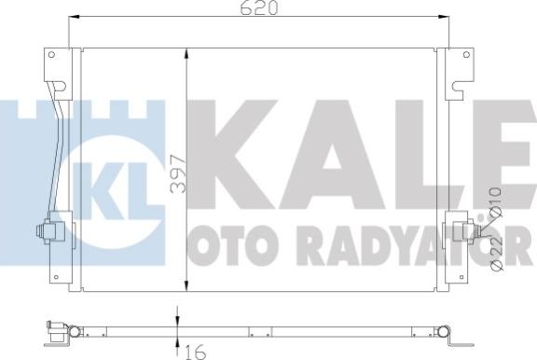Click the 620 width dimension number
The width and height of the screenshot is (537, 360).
[258, 8]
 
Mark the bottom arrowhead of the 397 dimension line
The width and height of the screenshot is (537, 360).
[187, 284]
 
